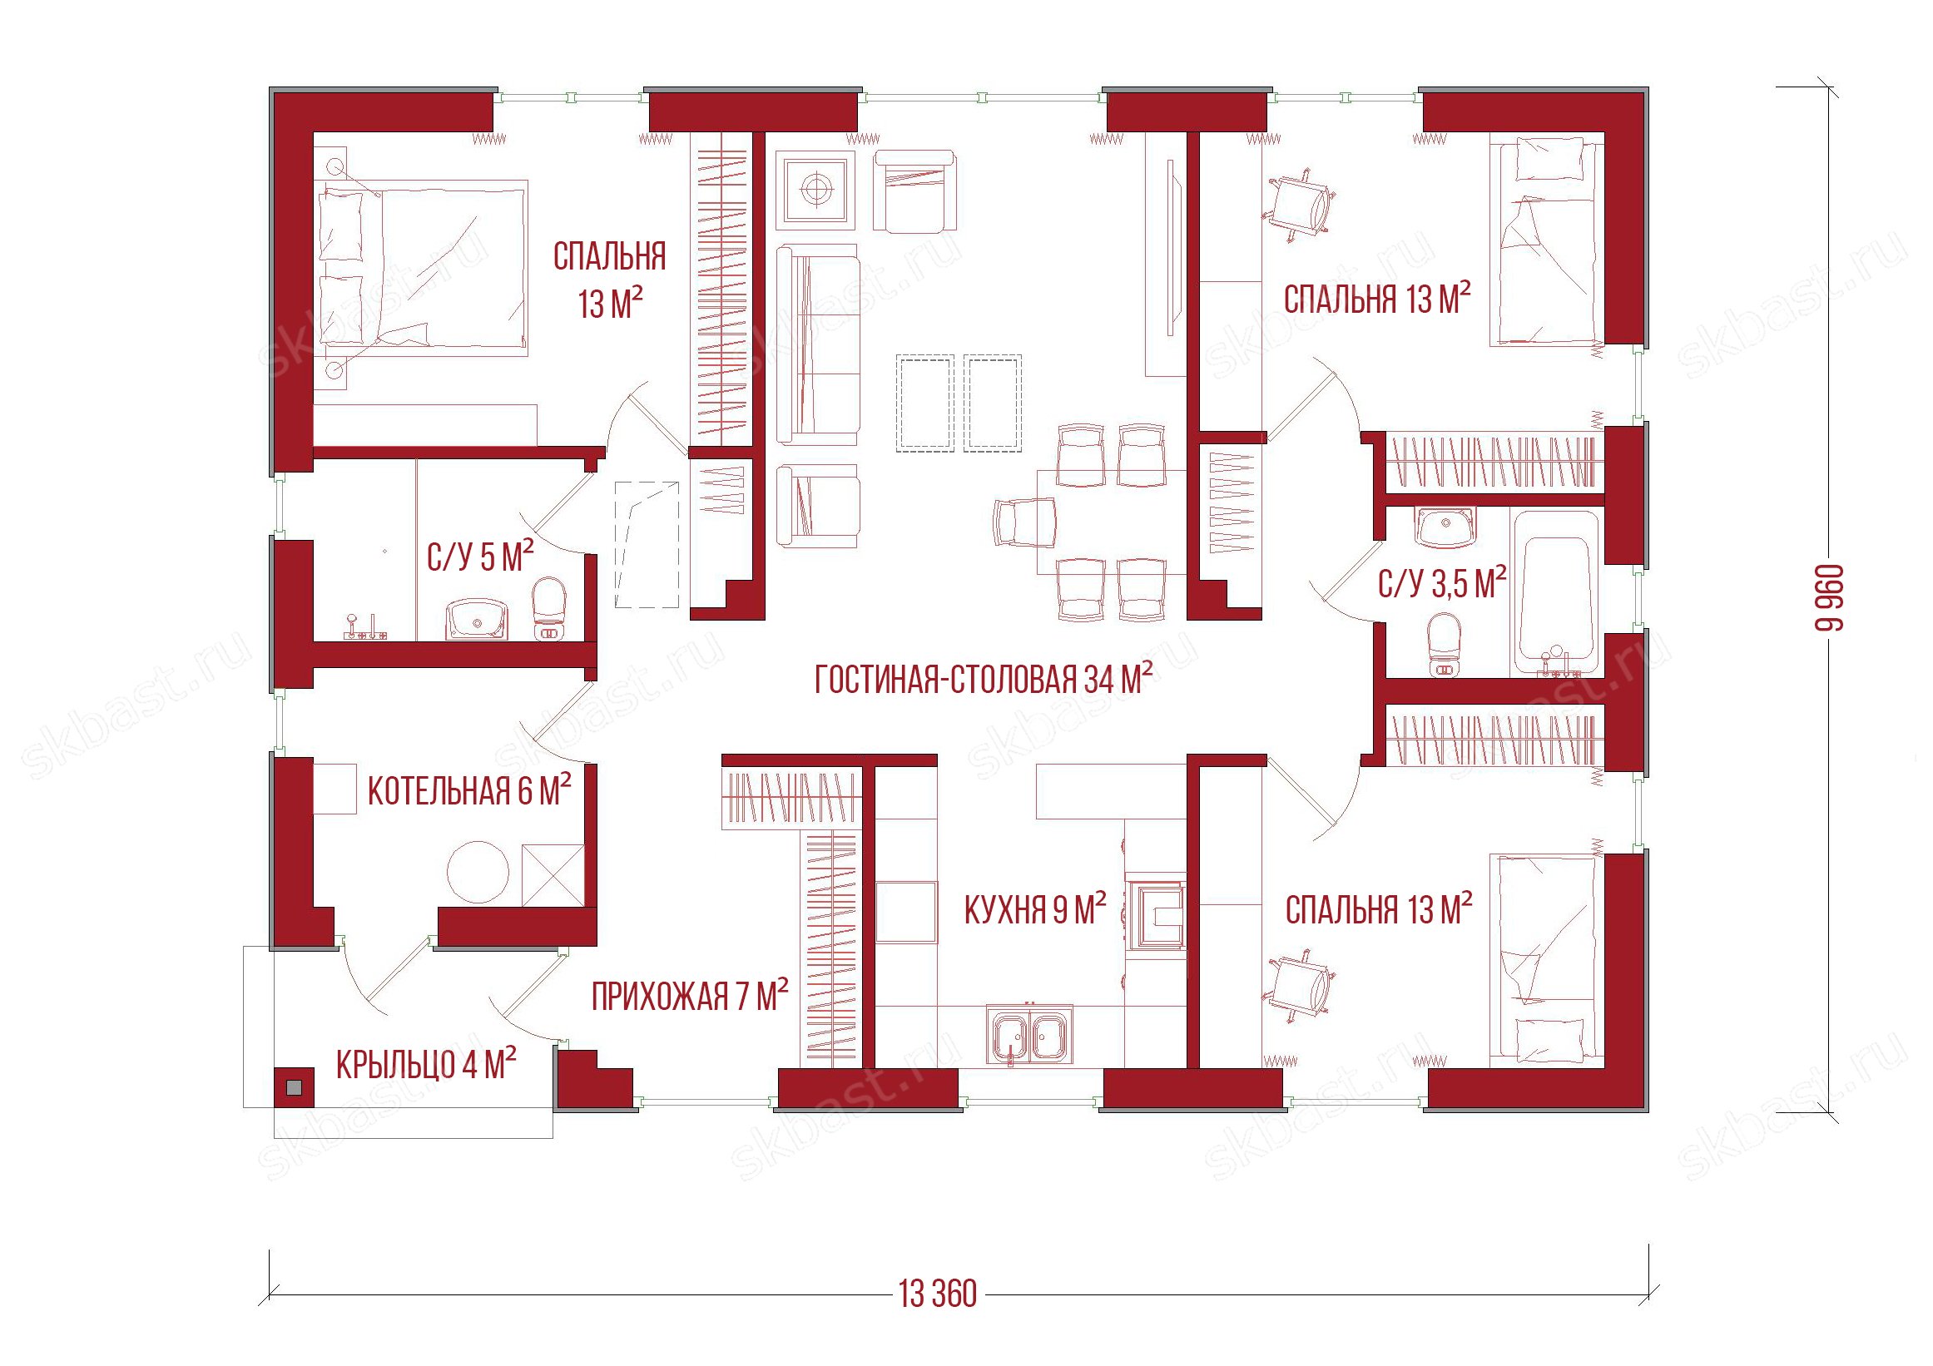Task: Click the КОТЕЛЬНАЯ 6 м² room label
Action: pyautogui.click(x=470, y=790)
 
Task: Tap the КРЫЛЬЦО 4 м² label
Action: pyautogui.click(x=426, y=1065)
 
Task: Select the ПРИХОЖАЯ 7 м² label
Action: pyautogui.click(x=690, y=996)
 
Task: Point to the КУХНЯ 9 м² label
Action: pyautogui.click(x=1035, y=910)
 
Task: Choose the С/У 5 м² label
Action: pyautogui.click(x=480, y=557)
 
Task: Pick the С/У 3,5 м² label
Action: pyautogui.click(x=1442, y=583)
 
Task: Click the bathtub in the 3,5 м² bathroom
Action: pyautogui.click(x=1557, y=593)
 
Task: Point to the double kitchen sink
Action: pyautogui.click(x=1028, y=1035)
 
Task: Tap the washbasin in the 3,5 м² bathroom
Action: pyautogui.click(x=1445, y=527)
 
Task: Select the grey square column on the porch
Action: pyautogui.click(x=293, y=1087)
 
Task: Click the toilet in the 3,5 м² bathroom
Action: pyautogui.click(x=1445, y=644)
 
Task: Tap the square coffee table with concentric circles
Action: pyautogui.click(x=815, y=189)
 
